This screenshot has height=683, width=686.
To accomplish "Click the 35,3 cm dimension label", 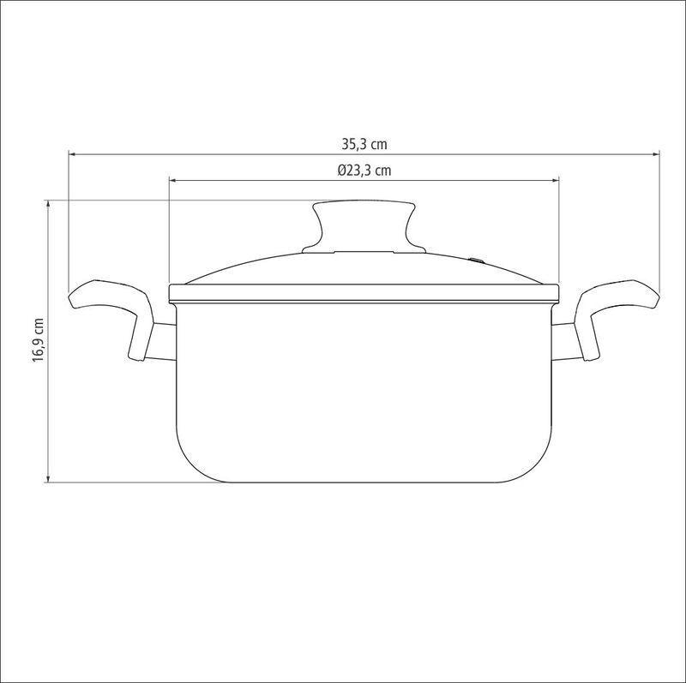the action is (x=364, y=144).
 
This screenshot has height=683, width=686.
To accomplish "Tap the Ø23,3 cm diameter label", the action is (x=364, y=170).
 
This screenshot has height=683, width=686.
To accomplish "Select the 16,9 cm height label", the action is (x=39, y=339).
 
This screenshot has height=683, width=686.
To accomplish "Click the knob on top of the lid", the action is (x=364, y=227).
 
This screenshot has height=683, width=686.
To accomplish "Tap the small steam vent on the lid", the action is (x=476, y=261).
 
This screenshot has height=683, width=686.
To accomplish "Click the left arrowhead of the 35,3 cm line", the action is (x=73, y=154).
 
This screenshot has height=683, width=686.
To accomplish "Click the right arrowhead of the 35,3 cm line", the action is (x=655, y=154).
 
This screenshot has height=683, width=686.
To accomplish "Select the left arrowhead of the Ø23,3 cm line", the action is (x=173, y=180).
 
